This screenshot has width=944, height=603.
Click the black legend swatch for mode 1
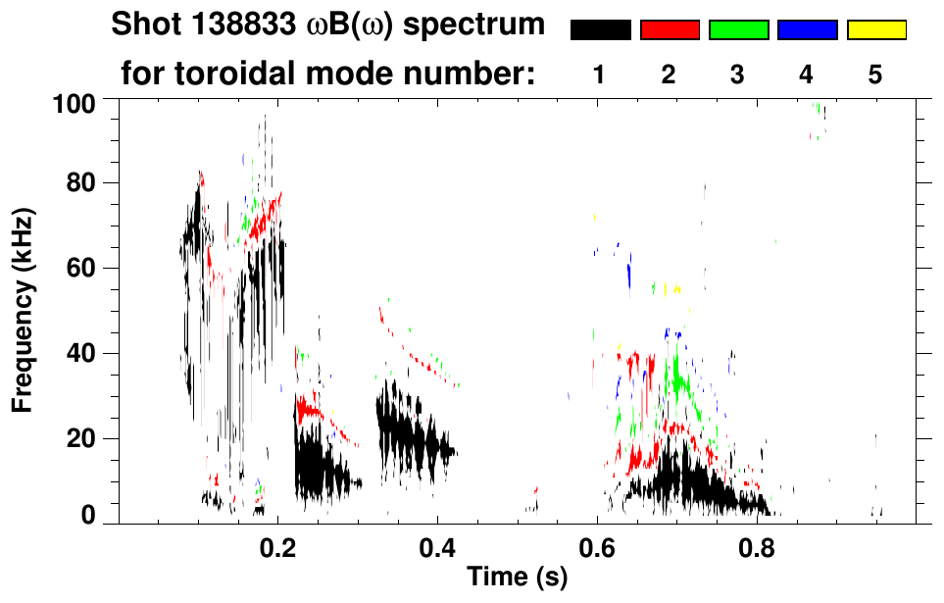tap(600, 30)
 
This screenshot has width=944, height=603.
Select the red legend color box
tap(670, 30)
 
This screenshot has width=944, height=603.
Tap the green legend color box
tap(738, 30)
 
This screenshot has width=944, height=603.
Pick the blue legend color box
tap(807, 30)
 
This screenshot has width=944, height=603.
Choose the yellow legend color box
tap(875, 30)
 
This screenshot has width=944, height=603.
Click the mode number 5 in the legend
tap(875, 75)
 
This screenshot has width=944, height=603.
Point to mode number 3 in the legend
tap(738, 75)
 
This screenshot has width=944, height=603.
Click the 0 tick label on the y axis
tap(88, 515)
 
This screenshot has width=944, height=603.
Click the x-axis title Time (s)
tap(517, 577)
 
